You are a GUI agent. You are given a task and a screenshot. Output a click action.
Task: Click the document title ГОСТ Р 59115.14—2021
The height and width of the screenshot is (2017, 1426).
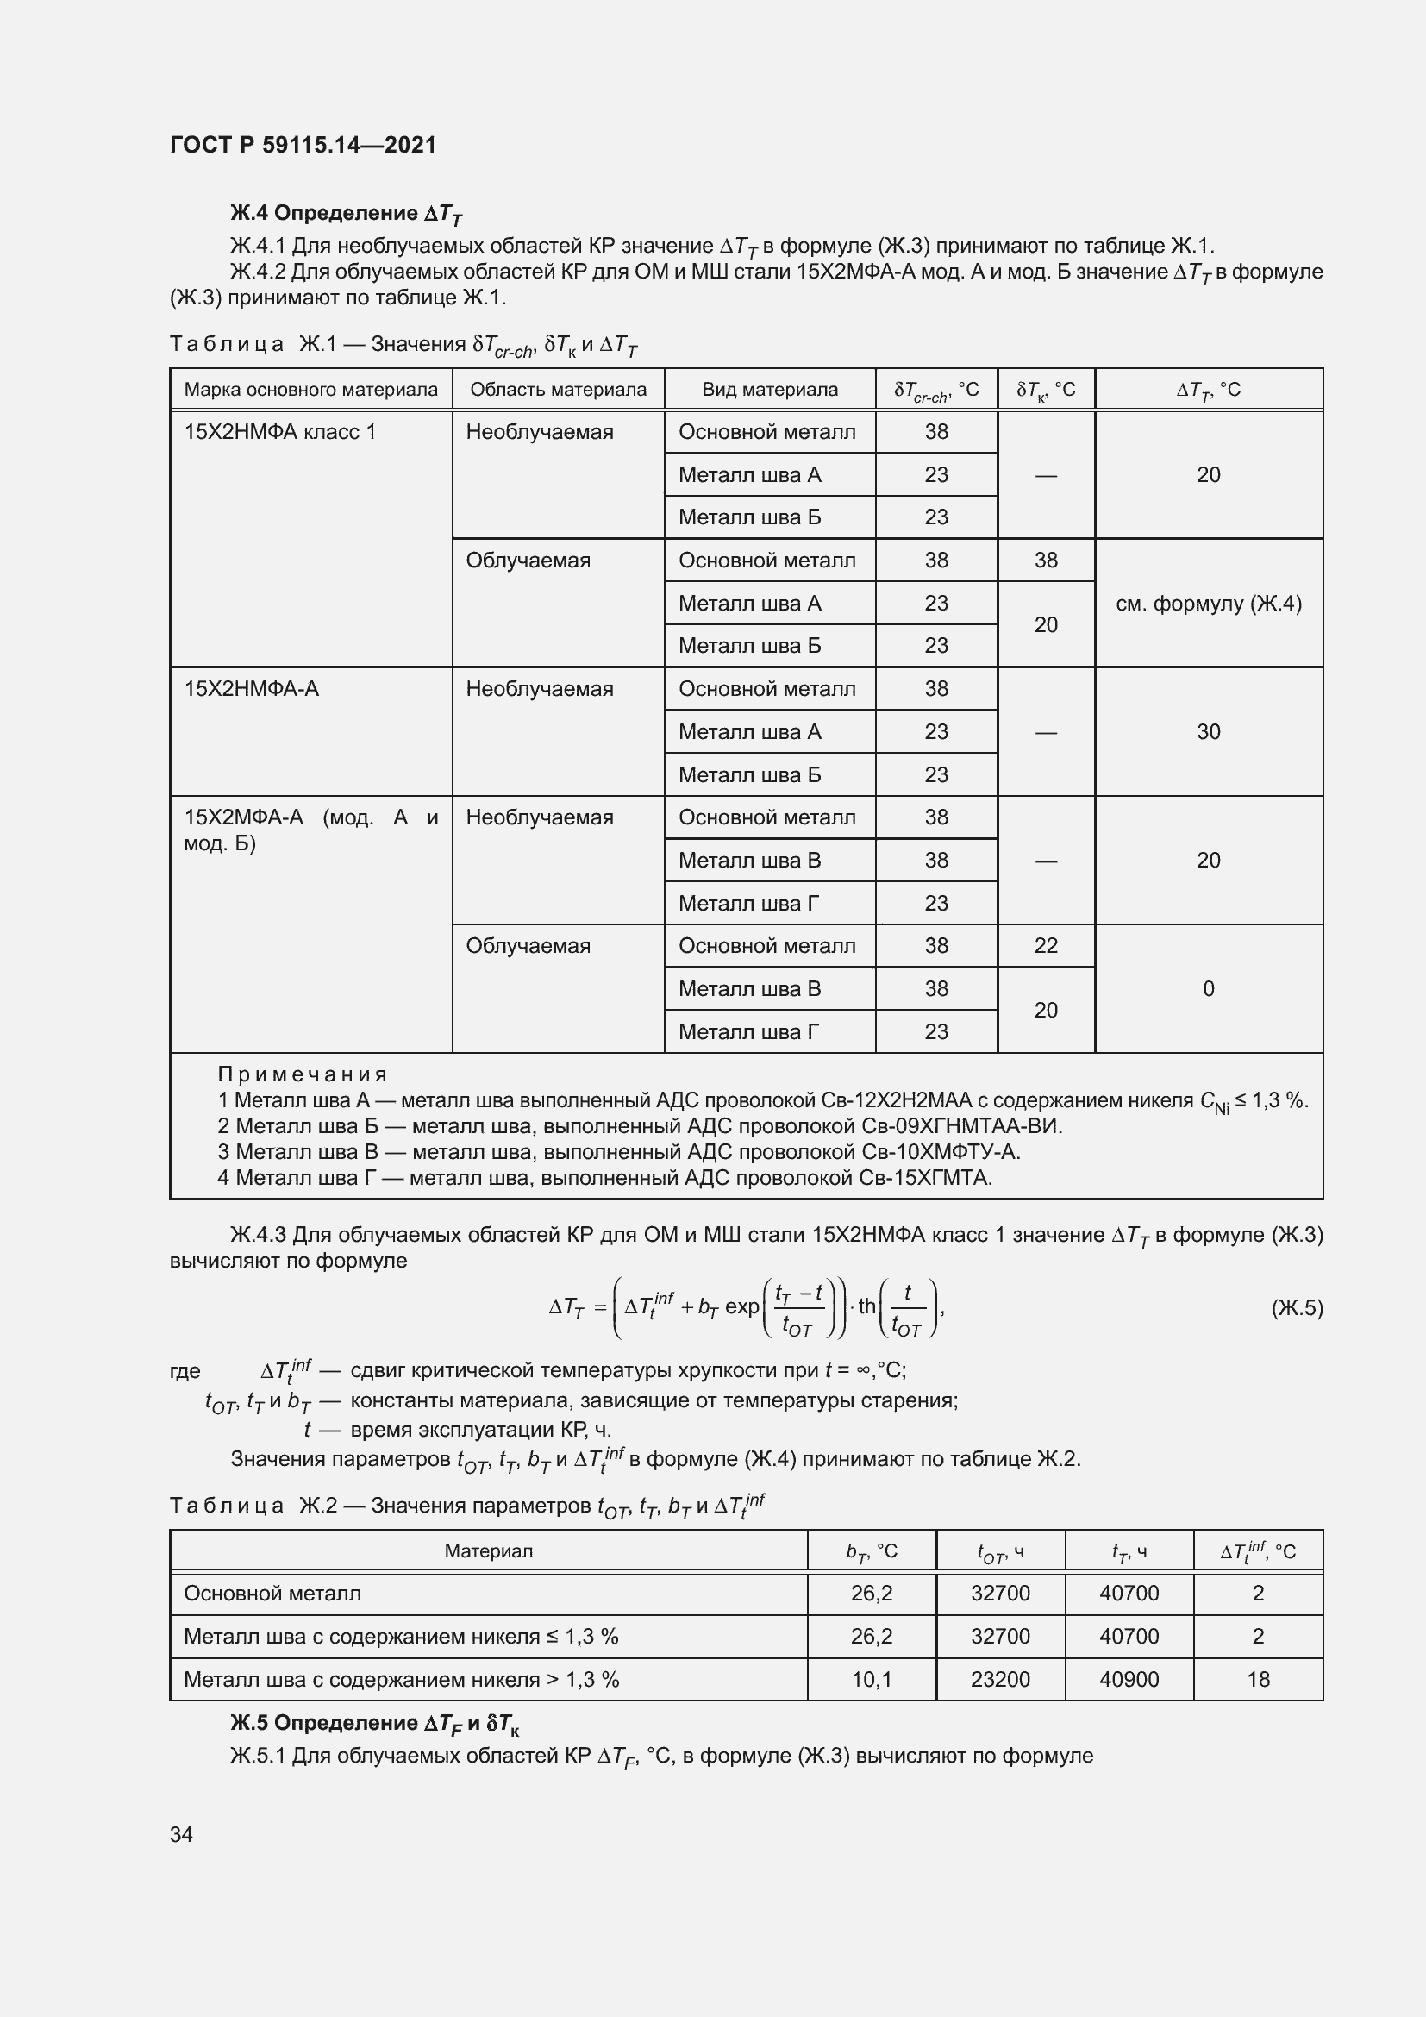point(303,145)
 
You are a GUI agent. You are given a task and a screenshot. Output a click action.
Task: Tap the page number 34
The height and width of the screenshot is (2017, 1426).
point(181,1834)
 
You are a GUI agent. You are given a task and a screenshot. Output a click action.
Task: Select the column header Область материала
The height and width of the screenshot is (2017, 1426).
point(558,389)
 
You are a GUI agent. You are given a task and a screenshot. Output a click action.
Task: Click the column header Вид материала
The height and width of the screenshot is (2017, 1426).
point(769,389)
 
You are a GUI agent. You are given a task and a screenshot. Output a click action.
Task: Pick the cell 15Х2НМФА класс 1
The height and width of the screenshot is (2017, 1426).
point(279,431)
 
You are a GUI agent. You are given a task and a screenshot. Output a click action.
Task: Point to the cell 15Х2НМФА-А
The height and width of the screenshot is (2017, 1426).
point(251,689)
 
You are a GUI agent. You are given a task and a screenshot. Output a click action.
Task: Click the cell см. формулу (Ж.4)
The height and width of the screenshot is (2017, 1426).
point(1208,604)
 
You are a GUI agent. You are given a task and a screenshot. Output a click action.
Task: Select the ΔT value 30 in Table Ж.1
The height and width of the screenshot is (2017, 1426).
point(1208,732)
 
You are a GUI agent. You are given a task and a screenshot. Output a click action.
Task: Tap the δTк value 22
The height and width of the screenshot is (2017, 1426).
point(1045,945)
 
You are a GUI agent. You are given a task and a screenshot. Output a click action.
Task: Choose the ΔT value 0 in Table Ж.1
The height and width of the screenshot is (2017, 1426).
point(1208,988)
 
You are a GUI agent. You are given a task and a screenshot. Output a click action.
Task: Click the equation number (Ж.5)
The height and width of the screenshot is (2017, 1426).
point(1296,1308)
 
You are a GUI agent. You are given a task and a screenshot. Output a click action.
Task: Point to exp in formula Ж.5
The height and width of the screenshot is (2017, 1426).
point(742,1307)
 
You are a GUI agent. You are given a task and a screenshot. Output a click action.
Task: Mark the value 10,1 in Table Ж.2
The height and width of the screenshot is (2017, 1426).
point(871,1679)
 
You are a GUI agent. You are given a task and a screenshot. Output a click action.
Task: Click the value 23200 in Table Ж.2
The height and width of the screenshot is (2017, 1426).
point(1000,1679)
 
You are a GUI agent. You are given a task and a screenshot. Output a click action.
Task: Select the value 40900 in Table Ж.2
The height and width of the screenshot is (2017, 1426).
point(1129,1679)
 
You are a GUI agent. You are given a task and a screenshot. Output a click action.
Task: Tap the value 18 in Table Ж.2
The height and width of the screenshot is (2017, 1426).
point(1257,1679)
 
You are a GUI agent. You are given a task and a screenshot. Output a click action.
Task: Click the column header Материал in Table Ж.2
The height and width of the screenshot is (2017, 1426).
point(488,1551)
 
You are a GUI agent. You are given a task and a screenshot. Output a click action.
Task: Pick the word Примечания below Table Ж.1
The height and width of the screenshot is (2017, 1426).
point(302,1074)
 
